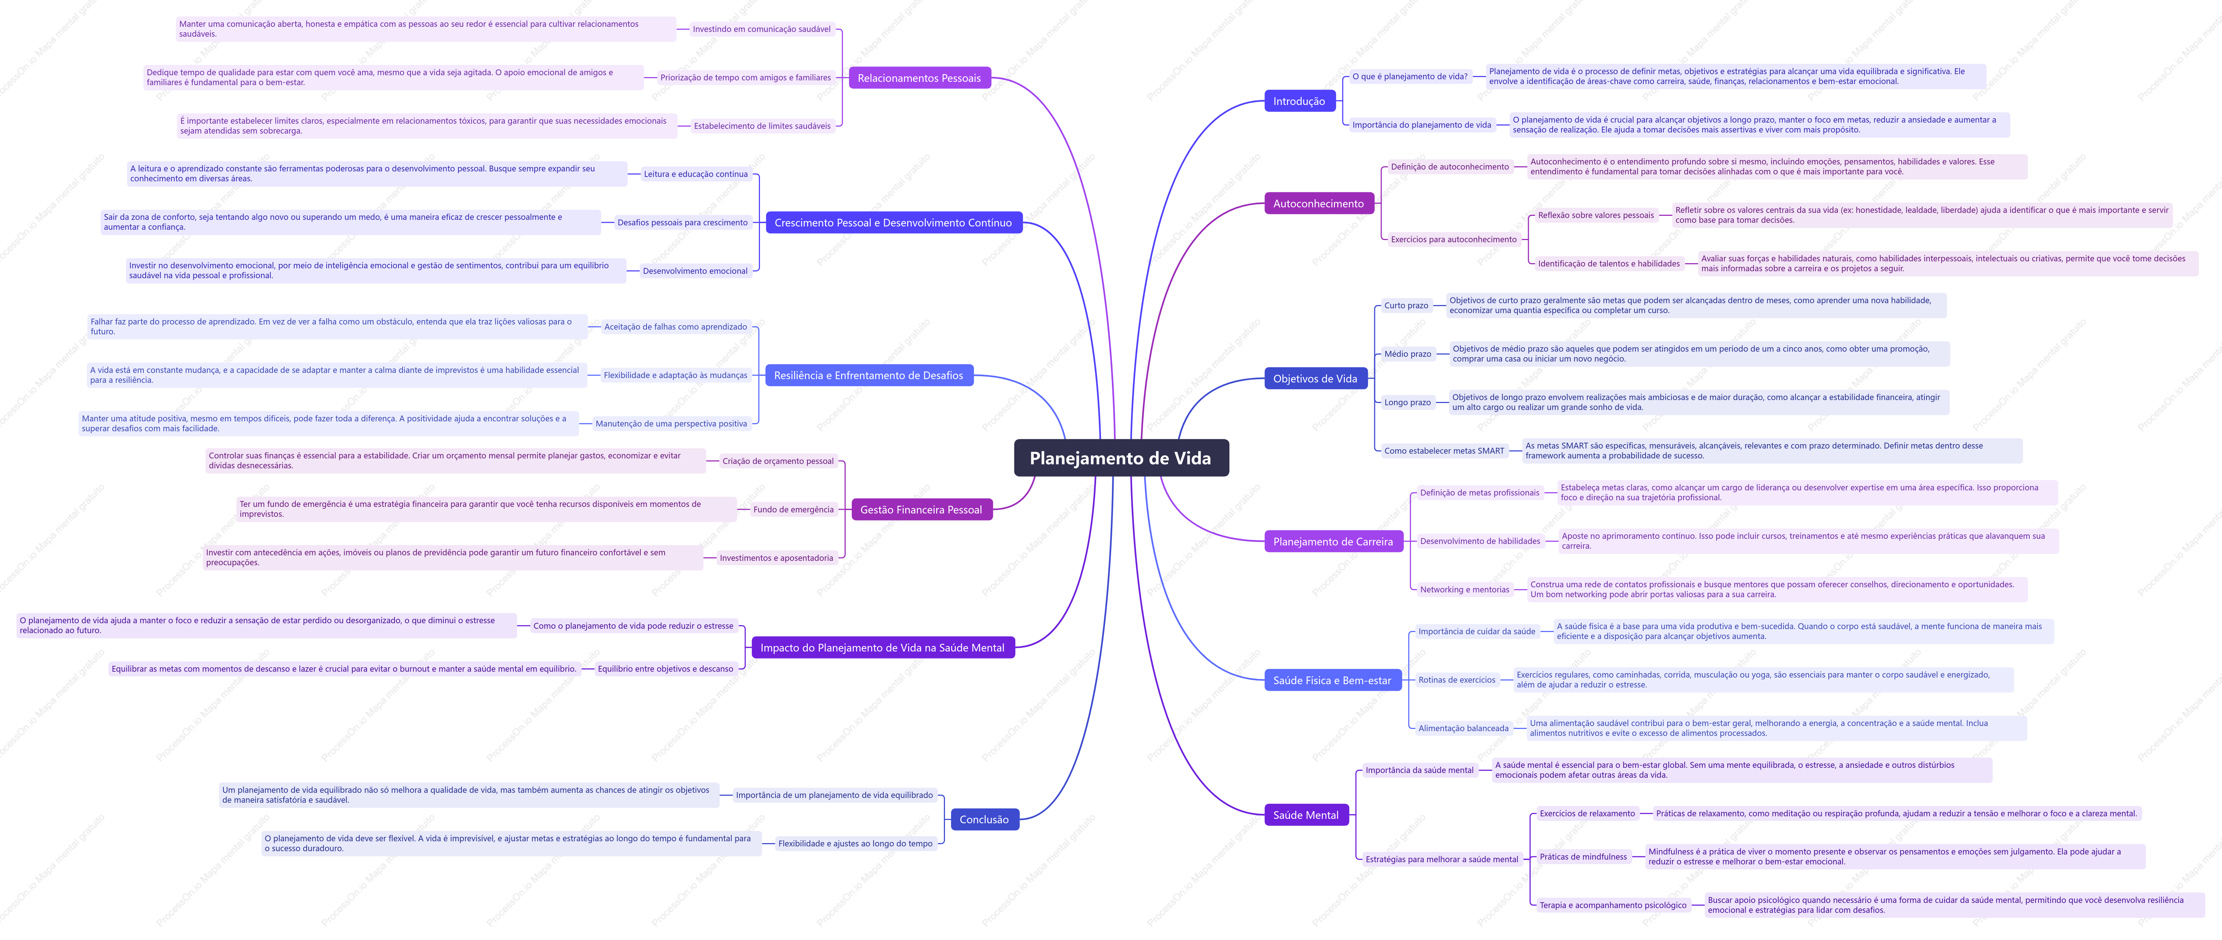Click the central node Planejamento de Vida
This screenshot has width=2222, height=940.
pyautogui.click(x=1120, y=458)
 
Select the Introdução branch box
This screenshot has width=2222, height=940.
pyautogui.click(x=1299, y=101)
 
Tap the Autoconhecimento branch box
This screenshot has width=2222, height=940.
pyautogui.click(x=1318, y=203)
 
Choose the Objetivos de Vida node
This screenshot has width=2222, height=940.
pyautogui.click(x=1314, y=378)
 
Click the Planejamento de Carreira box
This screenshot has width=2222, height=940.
pyautogui.click(x=1333, y=542)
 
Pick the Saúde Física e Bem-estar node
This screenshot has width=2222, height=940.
pyautogui.click(x=1332, y=680)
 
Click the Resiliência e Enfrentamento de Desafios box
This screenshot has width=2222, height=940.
pyautogui.click(x=869, y=375)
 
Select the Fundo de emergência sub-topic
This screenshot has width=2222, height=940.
pyautogui.click(x=793, y=510)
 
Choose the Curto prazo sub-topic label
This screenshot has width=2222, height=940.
pyautogui.click(x=1406, y=305)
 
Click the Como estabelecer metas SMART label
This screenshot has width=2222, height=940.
pyautogui.click(x=1444, y=451)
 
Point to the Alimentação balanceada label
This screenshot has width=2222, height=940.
pyautogui.click(x=1464, y=729)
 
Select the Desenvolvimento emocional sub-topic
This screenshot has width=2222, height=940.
pyautogui.click(x=695, y=271)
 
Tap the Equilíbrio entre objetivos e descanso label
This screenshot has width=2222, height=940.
pyautogui.click(x=665, y=669)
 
